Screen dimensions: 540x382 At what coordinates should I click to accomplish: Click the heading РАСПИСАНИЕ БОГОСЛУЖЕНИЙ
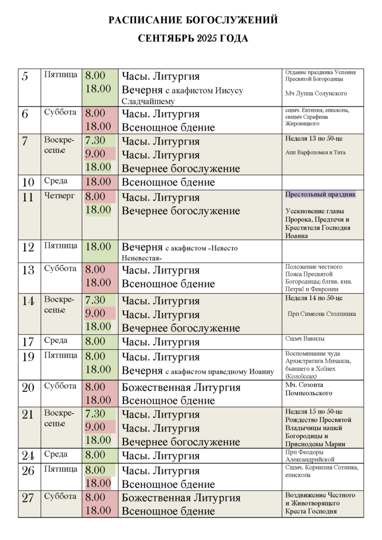pyautogui.click(x=193, y=21)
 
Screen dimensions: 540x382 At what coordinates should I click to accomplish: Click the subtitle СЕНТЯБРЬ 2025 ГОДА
pyautogui.click(x=193, y=39)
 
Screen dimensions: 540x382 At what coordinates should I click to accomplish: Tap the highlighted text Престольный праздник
pyautogui.click(x=321, y=195)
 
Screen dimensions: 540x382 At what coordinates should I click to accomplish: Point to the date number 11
pyautogui.click(x=28, y=198)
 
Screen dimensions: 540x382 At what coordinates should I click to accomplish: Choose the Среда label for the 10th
pyautogui.click(x=56, y=181)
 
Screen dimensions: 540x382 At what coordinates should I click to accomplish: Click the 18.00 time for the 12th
pyautogui.click(x=98, y=247)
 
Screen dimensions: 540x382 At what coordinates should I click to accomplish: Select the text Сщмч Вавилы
pyautogui.click(x=305, y=339)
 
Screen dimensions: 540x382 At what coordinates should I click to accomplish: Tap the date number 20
pyautogui.click(x=28, y=388)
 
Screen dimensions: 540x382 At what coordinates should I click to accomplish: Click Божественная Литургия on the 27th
pyautogui.click(x=181, y=498)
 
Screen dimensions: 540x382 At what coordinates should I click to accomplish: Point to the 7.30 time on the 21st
pyautogui.click(x=96, y=414)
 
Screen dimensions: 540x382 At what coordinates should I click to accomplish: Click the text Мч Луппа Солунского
pyautogui.click(x=316, y=93)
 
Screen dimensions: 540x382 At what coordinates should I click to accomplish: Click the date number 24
pyautogui.click(x=28, y=456)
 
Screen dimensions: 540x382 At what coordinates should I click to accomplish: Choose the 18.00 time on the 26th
pyautogui.click(x=98, y=483)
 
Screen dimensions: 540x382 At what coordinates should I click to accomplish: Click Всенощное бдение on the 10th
pyautogui.click(x=168, y=182)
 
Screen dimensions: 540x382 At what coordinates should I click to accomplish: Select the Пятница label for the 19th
pyautogui.click(x=61, y=355)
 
